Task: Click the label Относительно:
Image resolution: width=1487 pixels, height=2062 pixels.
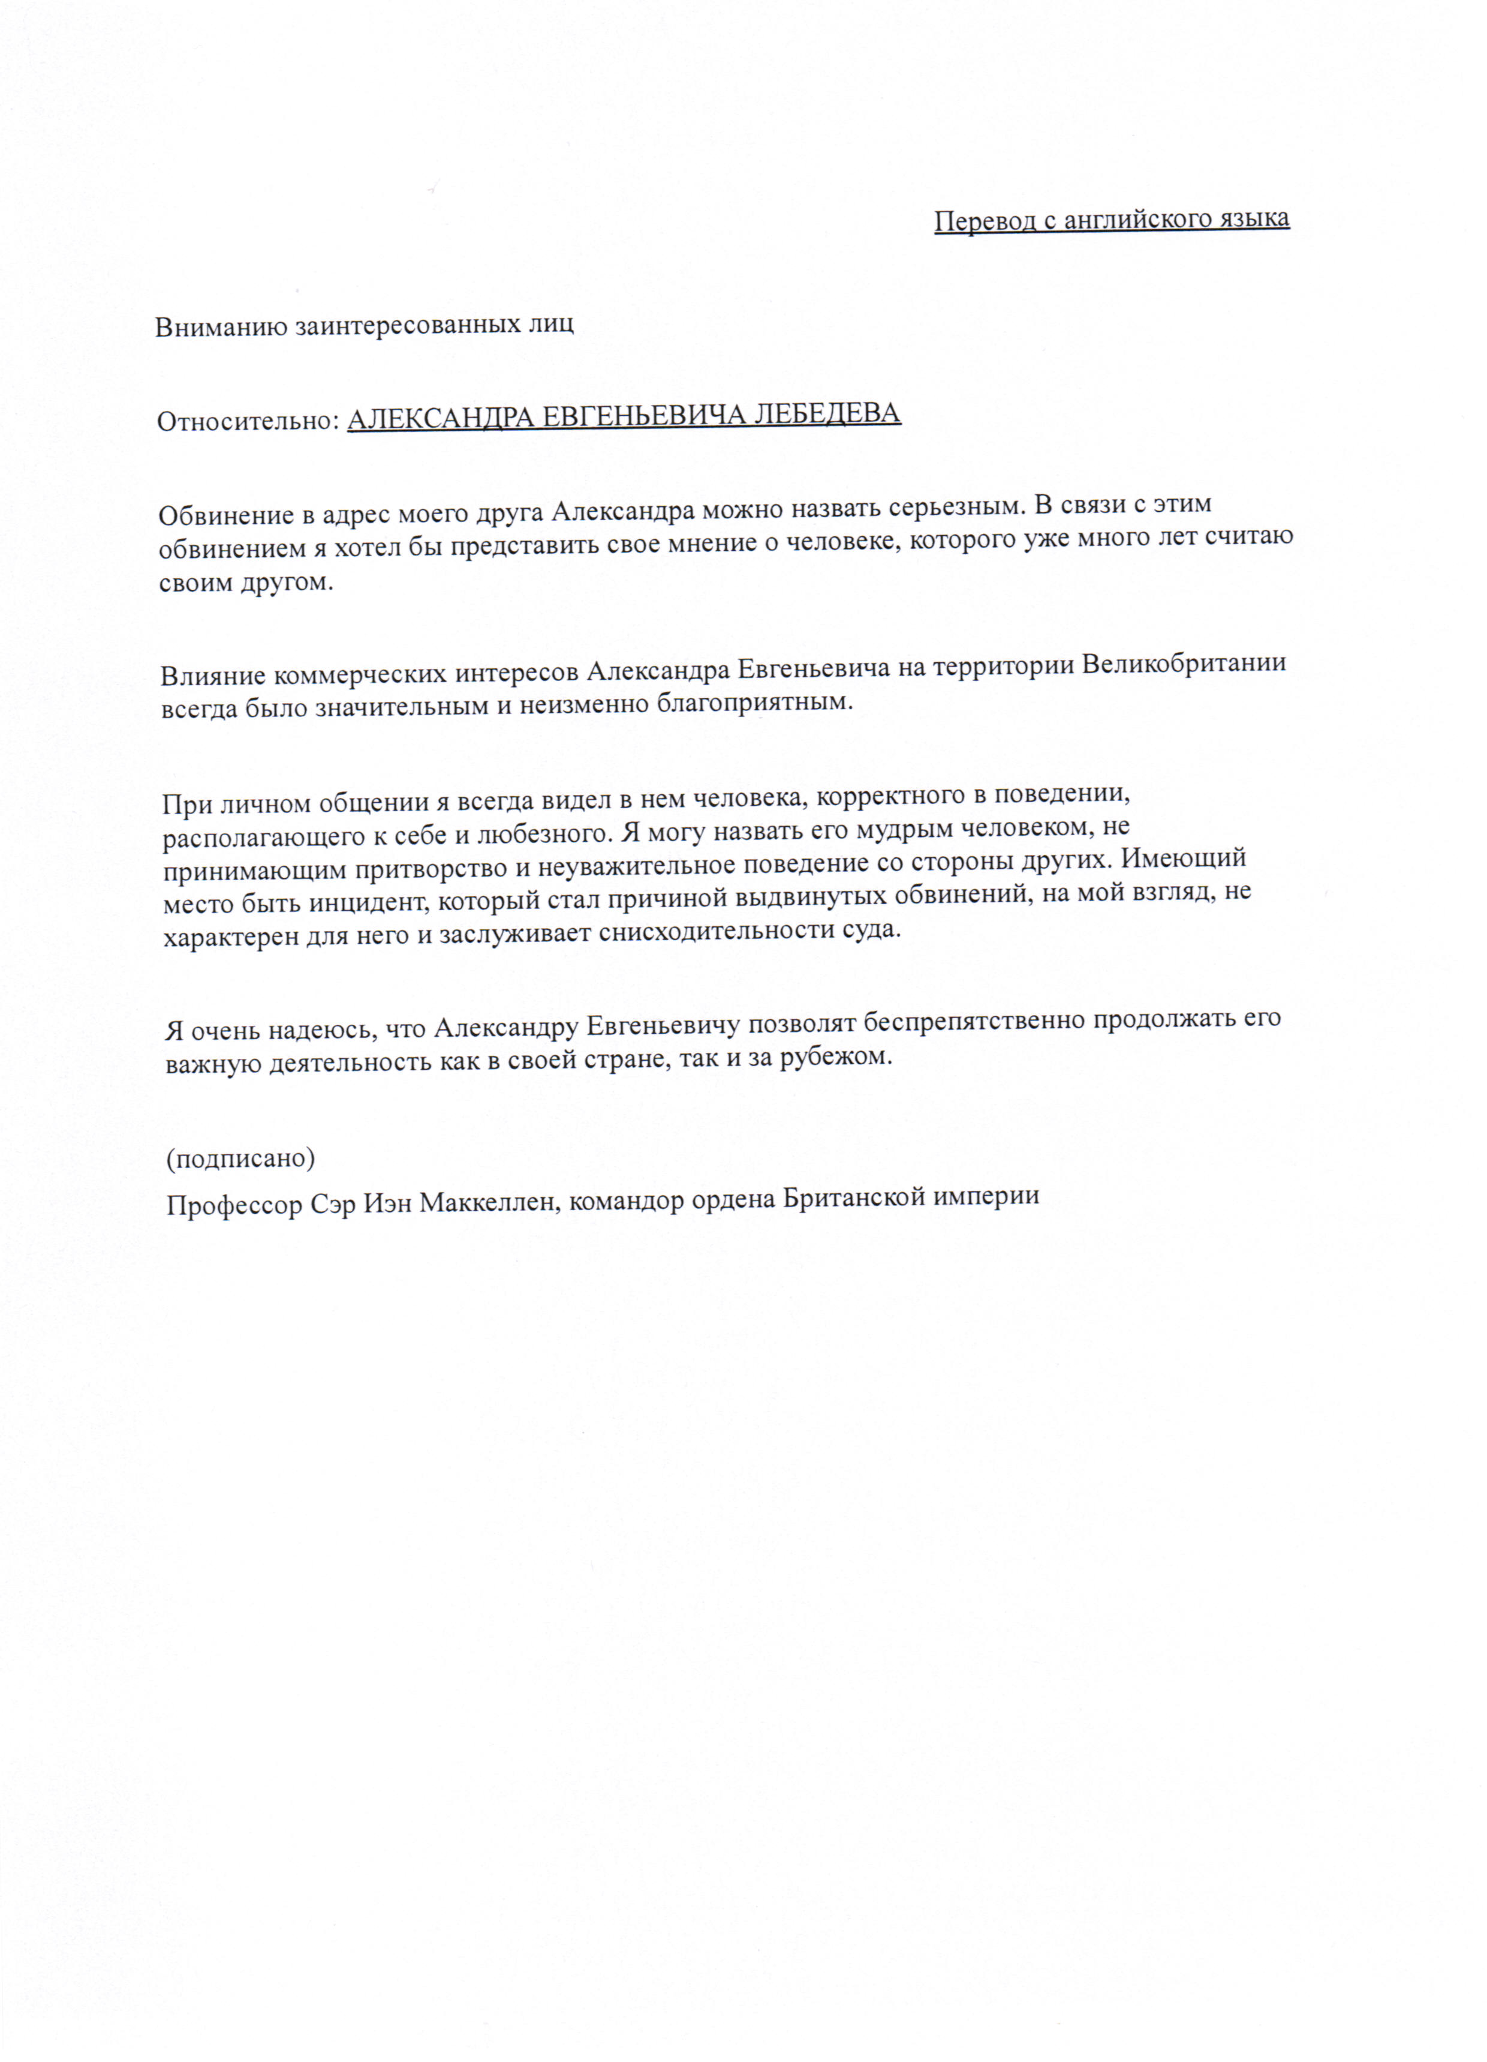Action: (x=247, y=421)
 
